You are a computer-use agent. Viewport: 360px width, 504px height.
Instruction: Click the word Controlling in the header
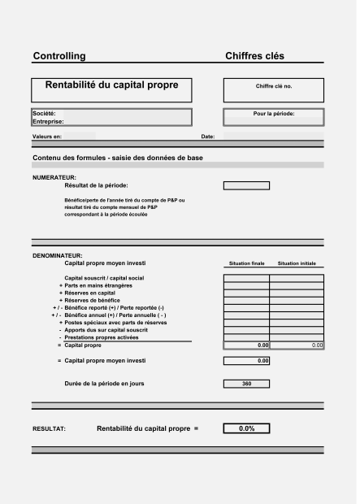click(x=59, y=56)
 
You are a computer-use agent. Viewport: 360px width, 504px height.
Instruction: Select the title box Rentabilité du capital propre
click(x=111, y=85)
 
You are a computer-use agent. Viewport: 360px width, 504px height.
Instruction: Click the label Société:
click(x=44, y=114)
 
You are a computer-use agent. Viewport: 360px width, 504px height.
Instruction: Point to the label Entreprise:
click(x=48, y=122)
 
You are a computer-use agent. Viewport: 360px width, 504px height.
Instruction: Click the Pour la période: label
click(x=274, y=114)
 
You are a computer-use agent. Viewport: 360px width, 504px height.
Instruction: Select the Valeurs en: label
click(x=47, y=137)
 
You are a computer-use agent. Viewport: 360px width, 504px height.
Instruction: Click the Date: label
click(x=207, y=137)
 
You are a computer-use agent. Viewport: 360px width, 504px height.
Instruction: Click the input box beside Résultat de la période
click(x=246, y=185)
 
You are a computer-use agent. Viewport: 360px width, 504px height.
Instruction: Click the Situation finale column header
click(x=246, y=264)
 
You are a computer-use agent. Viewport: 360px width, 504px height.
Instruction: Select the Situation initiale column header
click(x=297, y=264)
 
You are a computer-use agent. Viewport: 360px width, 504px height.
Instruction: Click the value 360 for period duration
click(x=246, y=383)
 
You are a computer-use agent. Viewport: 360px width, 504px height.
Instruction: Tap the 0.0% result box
click(x=246, y=428)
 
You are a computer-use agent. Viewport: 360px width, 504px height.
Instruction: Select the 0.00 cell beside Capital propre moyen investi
click(x=246, y=360)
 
